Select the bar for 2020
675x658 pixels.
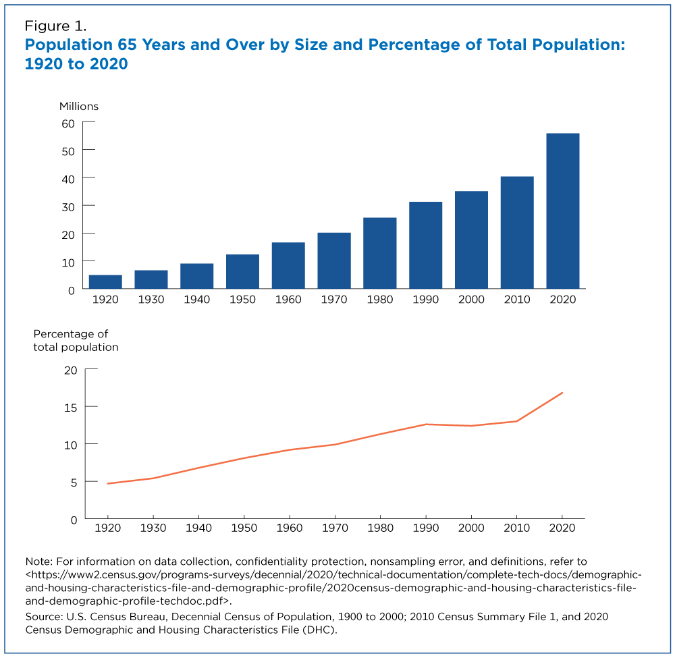(562, 211)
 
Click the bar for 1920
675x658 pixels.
(105, 282)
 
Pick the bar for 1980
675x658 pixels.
(379, 253)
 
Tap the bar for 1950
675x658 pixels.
(242, 271)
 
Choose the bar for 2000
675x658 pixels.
(471, 240)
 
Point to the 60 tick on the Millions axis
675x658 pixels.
(68, 122)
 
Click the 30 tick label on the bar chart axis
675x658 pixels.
(68, 205)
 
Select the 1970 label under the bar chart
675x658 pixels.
(334, 300)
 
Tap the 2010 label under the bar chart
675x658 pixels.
(517, 300)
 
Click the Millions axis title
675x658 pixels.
(79, 106)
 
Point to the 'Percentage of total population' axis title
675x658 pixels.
(76, 341)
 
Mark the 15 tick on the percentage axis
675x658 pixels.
(72, 407)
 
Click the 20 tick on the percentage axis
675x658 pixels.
(72, 370)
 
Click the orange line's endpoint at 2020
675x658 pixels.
(562, 393)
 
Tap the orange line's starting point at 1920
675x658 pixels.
(108, 483)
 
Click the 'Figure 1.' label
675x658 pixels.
(55, 27)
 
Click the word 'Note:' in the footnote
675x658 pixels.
(38, 562)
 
